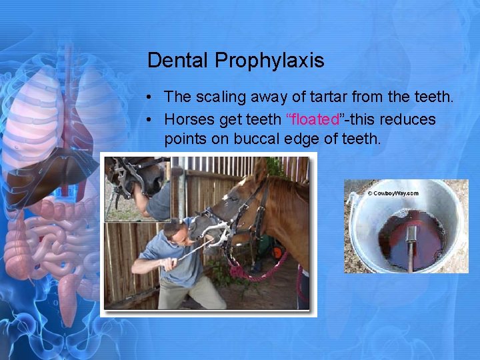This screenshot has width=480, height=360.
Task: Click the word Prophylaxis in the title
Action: pyautogui.click(x=269, y=61)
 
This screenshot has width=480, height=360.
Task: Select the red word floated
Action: pyautogui.click(x=313, y=120)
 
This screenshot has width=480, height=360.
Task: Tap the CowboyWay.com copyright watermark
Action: pyautogui.click(x=393, y=193)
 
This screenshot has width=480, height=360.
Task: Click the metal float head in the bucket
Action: pyautogui.click(x=411, y=234)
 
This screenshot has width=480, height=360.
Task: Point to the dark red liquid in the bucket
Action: pyautogui.click(x=393, y=240)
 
